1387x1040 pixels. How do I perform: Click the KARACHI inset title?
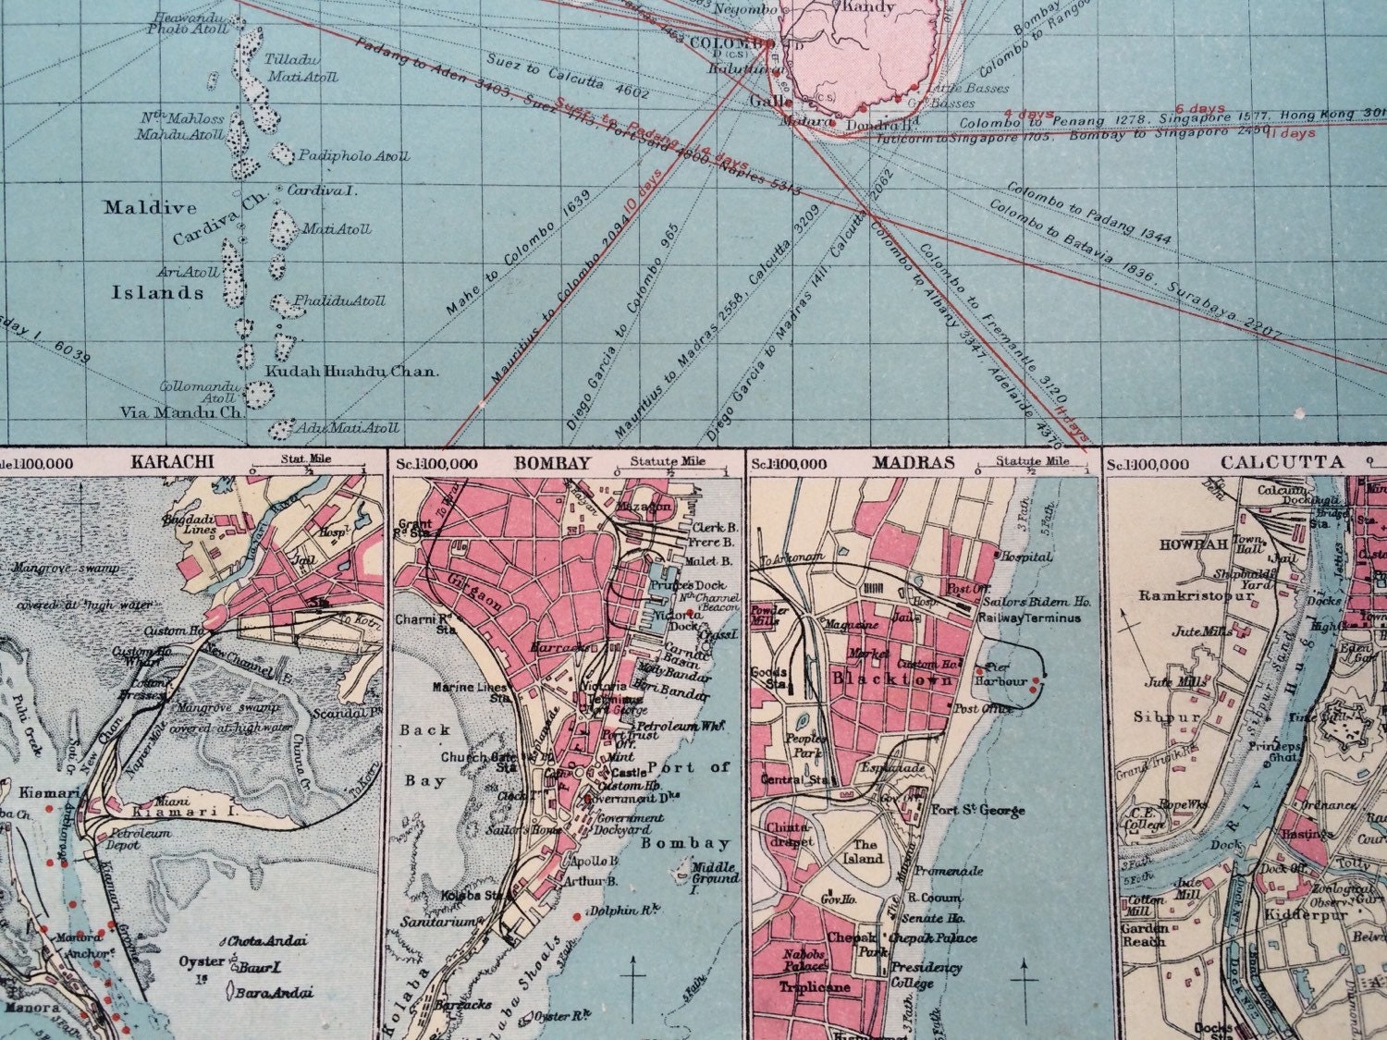186,461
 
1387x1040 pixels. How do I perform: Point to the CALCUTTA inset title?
1281,462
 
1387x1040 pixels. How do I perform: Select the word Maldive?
150,208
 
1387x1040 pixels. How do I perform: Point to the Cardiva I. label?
322,190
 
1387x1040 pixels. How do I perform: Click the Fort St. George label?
978,811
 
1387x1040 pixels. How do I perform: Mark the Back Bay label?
424,754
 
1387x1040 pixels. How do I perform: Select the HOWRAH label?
1193,544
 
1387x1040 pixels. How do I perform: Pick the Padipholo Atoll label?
353,156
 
